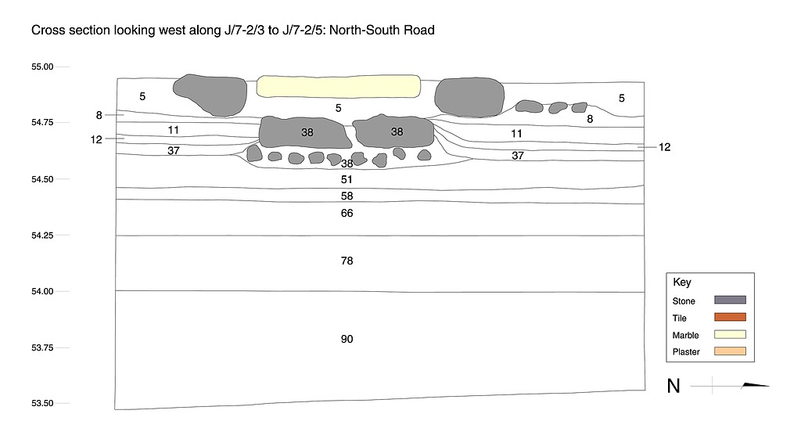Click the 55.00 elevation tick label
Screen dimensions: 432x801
click(42, 67)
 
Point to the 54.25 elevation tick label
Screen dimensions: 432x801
click(42, 235)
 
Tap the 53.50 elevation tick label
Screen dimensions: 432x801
click(42, 404)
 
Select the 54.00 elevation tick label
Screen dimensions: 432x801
click(42, 291)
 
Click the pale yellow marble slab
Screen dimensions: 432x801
click(338, 86)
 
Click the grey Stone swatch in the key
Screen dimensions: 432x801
click(730, 300)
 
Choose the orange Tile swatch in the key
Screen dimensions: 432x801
click(730, 317)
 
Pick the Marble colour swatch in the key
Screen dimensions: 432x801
click(730, 334)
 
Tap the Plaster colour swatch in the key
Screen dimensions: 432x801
click(730, 351)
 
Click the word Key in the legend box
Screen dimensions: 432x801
click(681, 283)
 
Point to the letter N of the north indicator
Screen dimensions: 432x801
click(673, 386)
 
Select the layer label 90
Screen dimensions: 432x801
click(347, 339)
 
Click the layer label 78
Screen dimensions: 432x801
click(347, 261)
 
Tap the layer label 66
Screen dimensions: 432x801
click(347, 213)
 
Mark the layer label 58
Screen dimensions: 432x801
click(347, 196)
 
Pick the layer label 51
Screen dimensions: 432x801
click(347, 179)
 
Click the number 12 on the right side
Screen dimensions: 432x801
click(664, 146)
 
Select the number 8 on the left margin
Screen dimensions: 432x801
click(99, 115)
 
